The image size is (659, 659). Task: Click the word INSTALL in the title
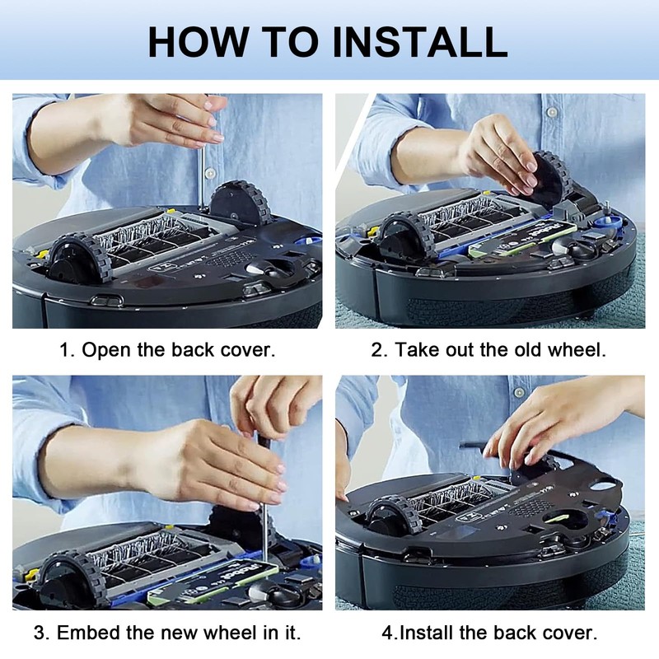click(x=420, y=42)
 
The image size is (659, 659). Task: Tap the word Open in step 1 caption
click(x=106, y=350)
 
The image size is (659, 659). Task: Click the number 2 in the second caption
click(x=377, y=349)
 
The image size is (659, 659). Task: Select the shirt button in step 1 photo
click(x=209, y=172)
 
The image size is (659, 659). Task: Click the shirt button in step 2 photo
click(x=552, y=112)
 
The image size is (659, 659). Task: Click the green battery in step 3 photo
click(x=213, y=579)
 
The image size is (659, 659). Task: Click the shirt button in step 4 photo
click(x=520, y=393)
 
